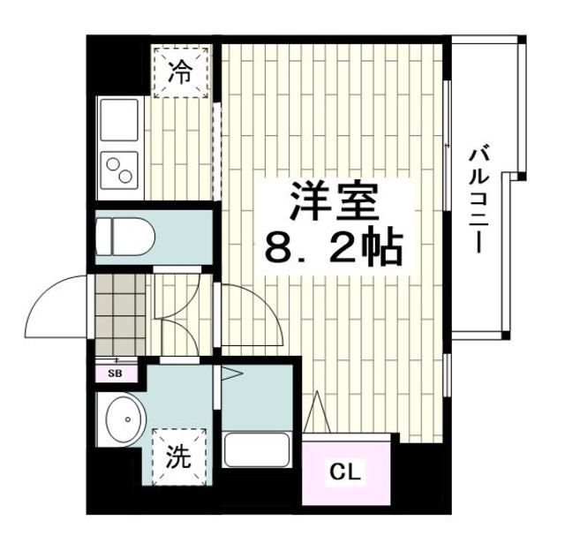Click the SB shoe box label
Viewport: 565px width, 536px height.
tap(116, 373)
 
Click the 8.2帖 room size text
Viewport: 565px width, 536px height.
tap(334, 248)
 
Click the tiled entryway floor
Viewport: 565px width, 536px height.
tap(117, 313)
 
